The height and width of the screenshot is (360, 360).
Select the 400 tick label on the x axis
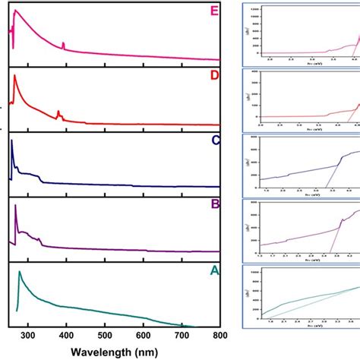tap(66, 335)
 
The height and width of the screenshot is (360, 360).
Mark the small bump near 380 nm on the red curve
tap(58, 112)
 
